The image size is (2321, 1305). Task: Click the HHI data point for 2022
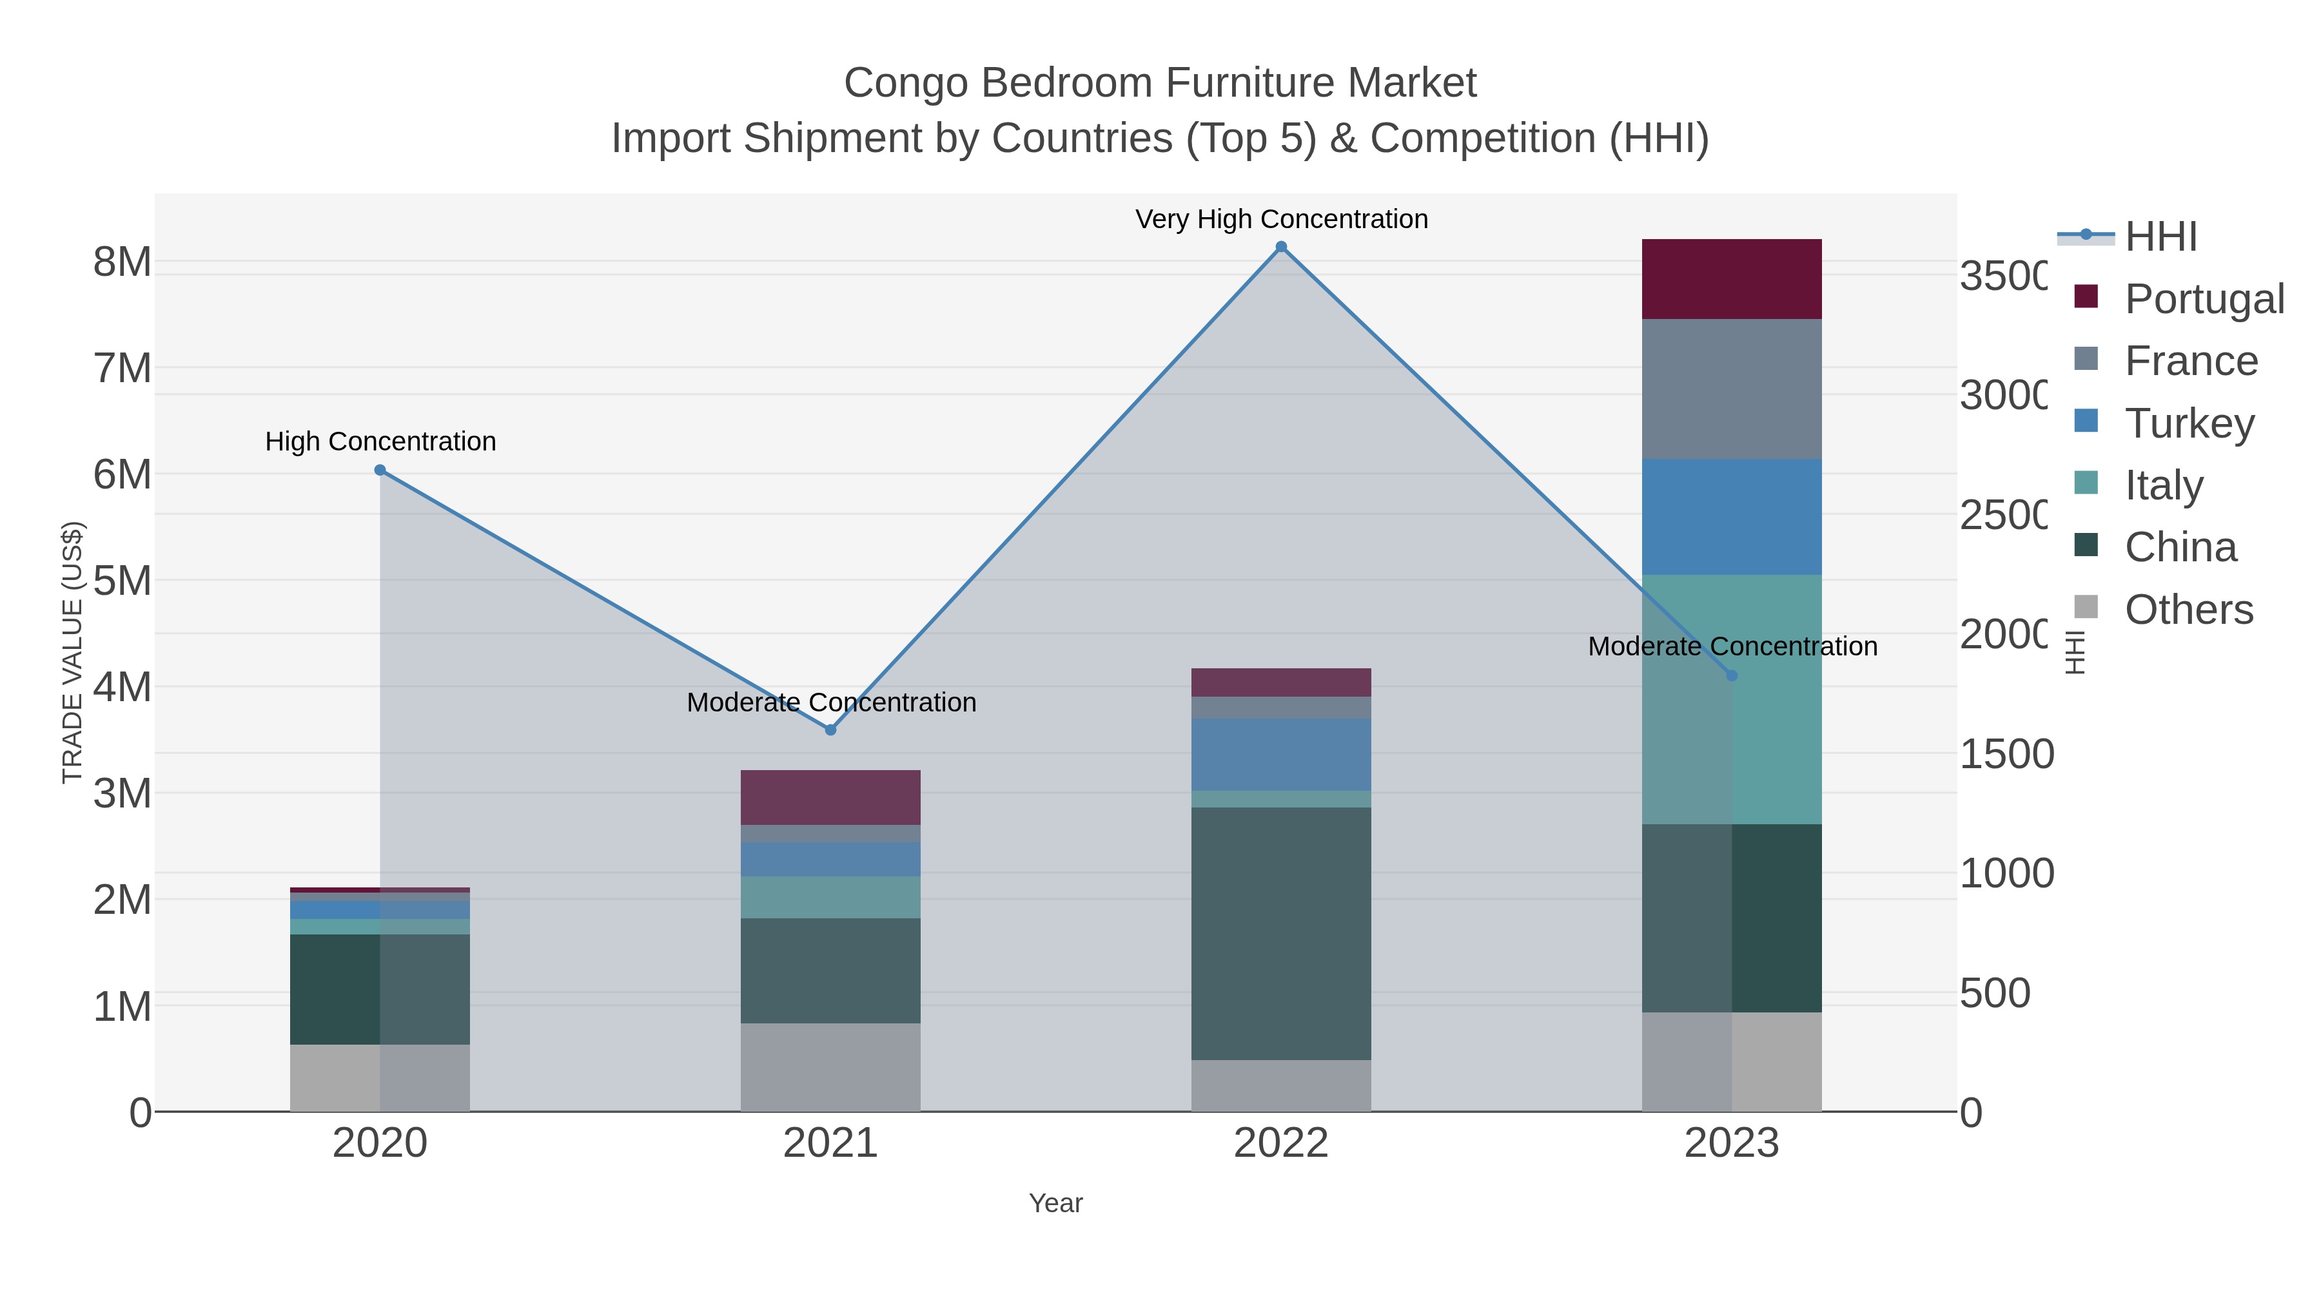pos(1281,247)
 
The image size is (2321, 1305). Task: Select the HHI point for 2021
pos(831,730)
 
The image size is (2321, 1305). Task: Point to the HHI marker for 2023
pos(1732,675)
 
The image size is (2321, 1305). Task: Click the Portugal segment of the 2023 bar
pos(1732,279)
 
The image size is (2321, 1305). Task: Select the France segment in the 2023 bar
pos(1732,389)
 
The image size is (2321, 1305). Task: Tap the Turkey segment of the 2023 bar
pos(1732,517)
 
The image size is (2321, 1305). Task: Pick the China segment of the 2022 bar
pos(1281,933)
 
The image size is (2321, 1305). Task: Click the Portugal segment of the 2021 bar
pos(831,797)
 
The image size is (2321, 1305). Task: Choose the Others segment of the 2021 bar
pos(831,1067)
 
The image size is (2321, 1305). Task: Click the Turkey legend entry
pos(2189,423)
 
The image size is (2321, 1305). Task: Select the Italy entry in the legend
pos(2163,485)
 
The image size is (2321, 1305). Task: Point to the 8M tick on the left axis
pos(122,262)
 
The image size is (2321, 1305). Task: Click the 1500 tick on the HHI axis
pos(2006,754)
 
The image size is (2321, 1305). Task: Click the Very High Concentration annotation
pos(1281,219)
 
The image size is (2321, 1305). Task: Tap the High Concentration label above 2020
pos(380,441)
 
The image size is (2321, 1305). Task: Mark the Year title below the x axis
pos(1056,1203)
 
